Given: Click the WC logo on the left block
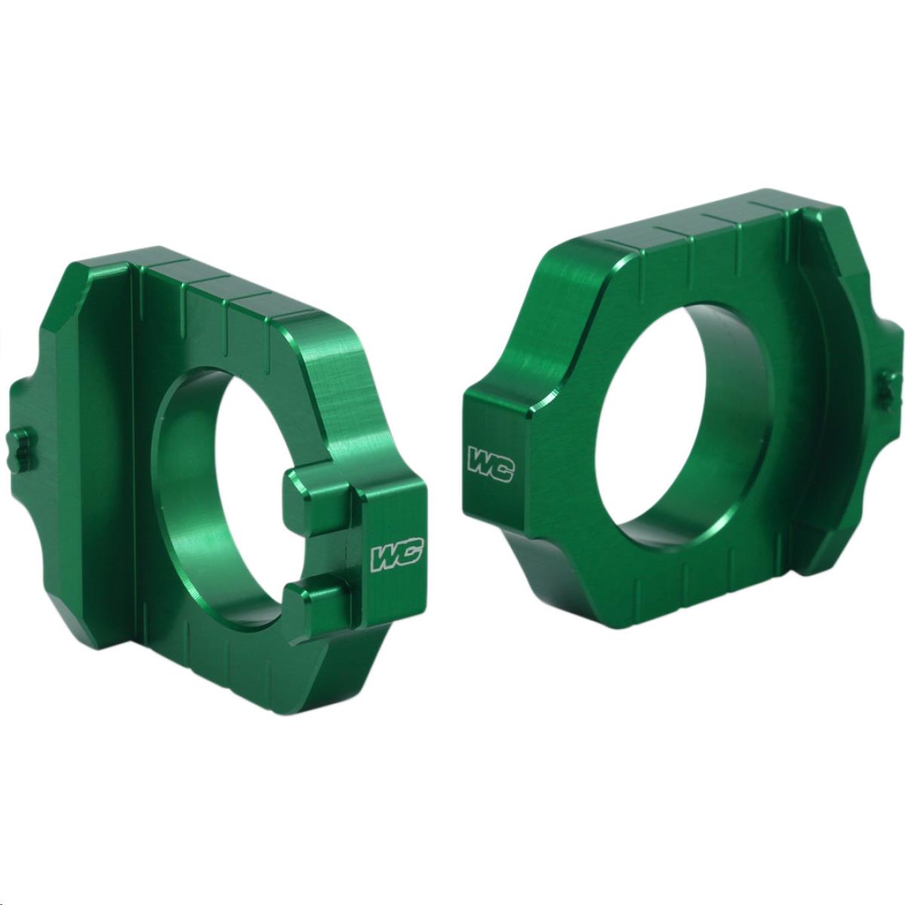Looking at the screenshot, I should [x=394, y=557].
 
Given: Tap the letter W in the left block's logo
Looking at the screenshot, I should [x=385, y=559].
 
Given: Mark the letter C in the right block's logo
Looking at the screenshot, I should [x=502, y=468].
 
